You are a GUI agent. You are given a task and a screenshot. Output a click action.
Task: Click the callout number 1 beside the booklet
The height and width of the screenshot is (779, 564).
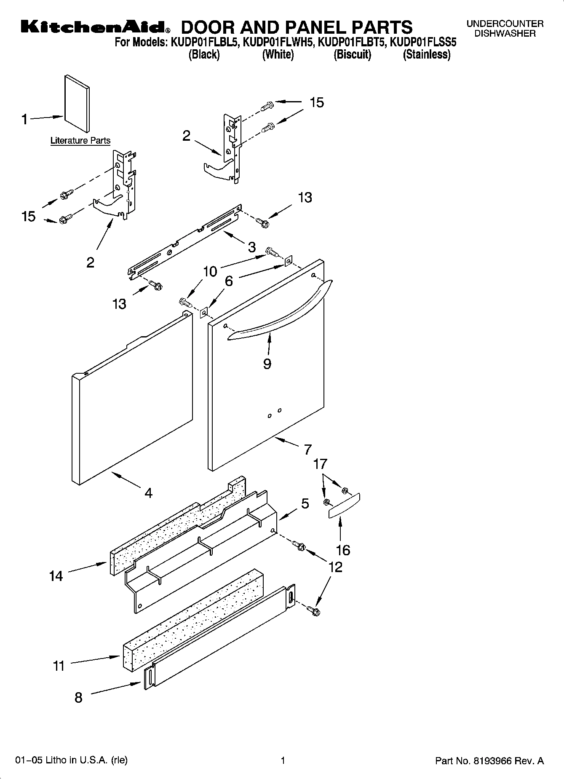[x=24, y=120]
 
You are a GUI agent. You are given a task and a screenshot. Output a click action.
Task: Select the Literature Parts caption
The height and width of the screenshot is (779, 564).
[x=80, y=141]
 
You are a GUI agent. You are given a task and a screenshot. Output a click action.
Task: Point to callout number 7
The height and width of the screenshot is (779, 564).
[x=308, y=449]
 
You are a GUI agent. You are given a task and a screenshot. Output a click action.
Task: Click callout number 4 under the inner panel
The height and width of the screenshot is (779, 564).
[x=148, y=493]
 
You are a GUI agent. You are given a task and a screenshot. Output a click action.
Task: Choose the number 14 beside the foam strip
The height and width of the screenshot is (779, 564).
[x=56, y=576]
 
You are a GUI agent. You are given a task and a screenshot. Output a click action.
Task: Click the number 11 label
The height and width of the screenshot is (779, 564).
[x=59, y=666]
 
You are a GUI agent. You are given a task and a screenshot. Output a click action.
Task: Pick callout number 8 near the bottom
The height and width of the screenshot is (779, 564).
[x=78, y=698]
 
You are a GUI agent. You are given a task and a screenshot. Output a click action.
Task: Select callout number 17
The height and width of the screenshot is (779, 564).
[x=320, y=464]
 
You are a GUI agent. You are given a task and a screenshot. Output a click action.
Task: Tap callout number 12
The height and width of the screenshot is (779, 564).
[x=335, y=567]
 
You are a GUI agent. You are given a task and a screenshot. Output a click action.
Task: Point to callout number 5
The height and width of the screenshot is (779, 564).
[x=305, y=503]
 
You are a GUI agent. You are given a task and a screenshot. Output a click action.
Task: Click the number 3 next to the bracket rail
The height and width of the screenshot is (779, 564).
[x=251, y=247]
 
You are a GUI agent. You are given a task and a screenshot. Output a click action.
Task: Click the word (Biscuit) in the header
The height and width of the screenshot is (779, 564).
[x=352, y=55]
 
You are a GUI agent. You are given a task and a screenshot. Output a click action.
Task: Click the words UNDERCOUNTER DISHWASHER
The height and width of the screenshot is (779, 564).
[x=505, y=29]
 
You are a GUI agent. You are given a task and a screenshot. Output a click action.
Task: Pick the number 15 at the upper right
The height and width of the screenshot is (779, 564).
[x=317, y=102]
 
